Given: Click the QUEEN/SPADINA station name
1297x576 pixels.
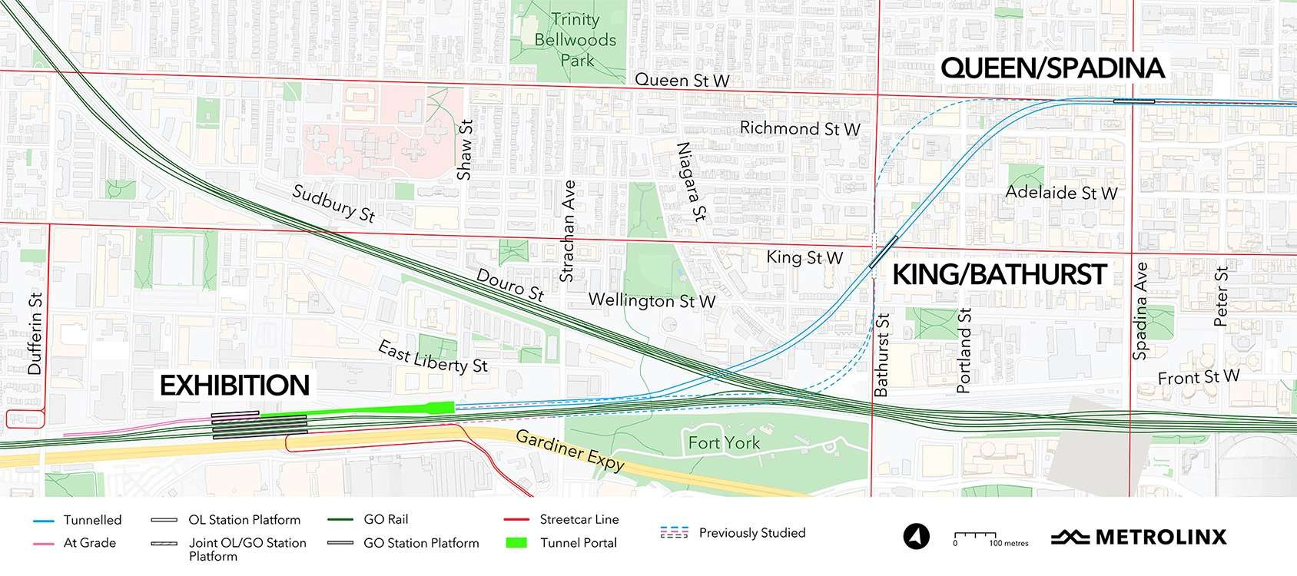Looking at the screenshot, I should (x=1053, y=68).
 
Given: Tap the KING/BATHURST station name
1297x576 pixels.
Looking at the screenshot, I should (x=999, y=275).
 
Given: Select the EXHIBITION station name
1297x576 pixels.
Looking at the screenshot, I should (x=234, y=385).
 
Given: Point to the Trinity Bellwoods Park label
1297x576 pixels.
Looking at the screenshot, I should (x=587, y=39).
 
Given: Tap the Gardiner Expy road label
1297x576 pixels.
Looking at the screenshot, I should (x=569, y=451).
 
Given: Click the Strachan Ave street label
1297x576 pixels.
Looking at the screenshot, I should (x=568, y=231).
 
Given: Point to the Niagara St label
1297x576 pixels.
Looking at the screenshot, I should (x=689, y=181).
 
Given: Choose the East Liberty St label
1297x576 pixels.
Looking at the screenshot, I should (x=433, y=357).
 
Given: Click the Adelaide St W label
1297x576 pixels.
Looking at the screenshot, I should (x=1061, y=192).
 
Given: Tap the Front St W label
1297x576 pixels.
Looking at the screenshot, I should (x=1198, y=377).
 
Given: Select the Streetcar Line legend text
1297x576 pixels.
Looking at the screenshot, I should (x=579, y=520).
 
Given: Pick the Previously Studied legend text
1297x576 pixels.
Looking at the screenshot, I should (x=751, y=533).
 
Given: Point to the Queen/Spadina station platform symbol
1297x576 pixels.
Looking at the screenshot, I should (x=1133, y=101).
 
